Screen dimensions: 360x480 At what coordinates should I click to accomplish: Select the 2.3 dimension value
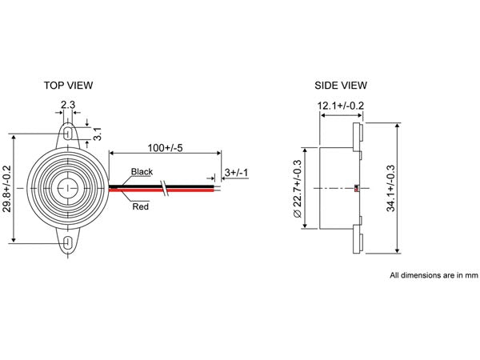point(69,104)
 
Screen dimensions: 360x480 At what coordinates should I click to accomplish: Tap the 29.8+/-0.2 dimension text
point(10,189)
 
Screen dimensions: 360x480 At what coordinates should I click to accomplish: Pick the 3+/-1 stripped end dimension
point(236,173)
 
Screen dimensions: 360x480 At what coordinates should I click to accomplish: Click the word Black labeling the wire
point(142,172)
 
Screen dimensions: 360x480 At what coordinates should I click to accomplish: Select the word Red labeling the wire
point(140,206)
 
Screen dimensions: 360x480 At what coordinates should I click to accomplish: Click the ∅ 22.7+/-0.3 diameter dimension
point(298,187)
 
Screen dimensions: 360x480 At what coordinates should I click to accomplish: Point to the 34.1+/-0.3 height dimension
point(390,188)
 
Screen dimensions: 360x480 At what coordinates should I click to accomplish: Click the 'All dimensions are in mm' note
point(433,275)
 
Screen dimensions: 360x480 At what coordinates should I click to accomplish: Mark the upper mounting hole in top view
point(69,127)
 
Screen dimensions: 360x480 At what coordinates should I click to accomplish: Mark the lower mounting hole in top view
point(69,242)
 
